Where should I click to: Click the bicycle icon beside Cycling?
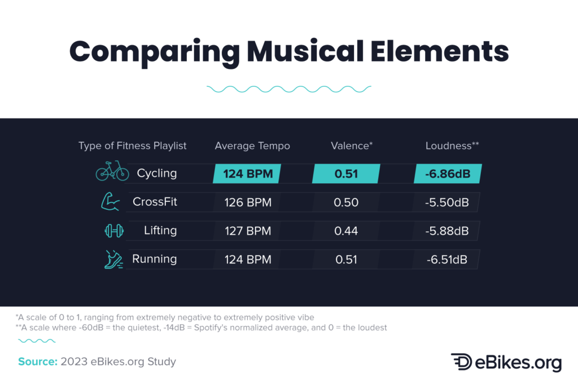[x=112, y=173]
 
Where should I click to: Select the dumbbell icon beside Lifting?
[x=113, y=231]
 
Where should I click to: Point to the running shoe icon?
[x=113, y=259]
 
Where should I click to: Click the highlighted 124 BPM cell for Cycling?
[x=248, y=174]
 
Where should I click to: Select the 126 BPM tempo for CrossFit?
[x=248, y=202]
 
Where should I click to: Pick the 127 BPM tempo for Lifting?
[x=248, y=231]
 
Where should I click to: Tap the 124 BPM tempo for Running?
[x=248, y=260]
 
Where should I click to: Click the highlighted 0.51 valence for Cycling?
[x=347, y=174]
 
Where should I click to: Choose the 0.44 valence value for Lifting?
[x=347, y=231]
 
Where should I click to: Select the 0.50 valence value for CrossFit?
[x=347, y=202]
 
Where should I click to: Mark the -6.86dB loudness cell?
[x=448, y=174]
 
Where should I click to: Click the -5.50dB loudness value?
[x=448, y=202]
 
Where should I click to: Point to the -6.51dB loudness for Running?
[x=448, y=260]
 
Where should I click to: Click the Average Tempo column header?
[x=252, y=146]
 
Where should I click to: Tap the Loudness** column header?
[x=452, y=146]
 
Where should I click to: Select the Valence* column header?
[x=352, y=146]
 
